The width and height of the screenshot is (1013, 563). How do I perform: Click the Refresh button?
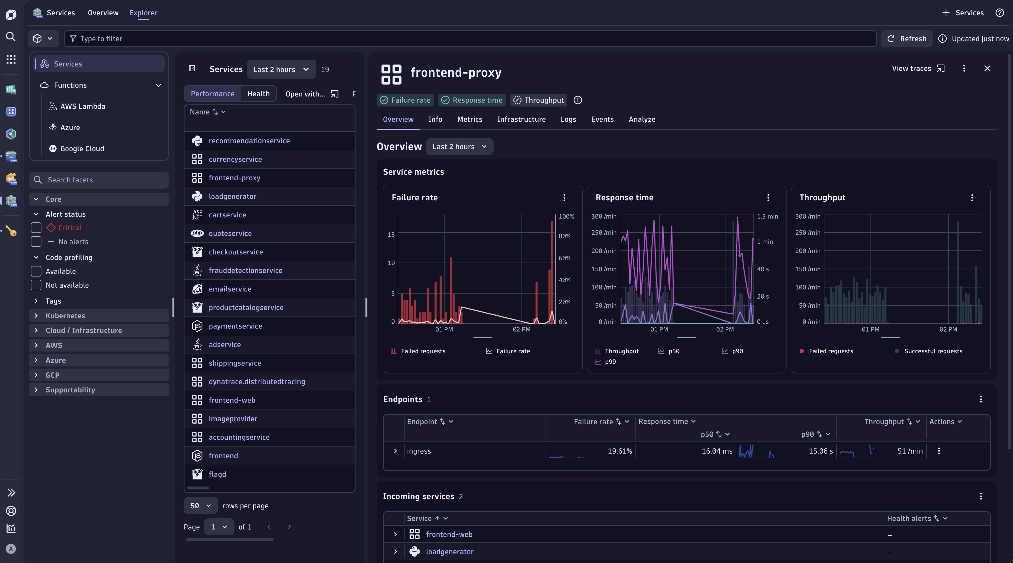point(907,39)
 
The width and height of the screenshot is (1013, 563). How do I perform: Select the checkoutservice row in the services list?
point(236,252)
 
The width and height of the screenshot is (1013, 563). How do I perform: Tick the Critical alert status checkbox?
point(36,228)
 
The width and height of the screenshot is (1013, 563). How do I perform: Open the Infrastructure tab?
point(521,119)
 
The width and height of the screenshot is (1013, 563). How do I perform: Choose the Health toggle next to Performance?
point(258,94)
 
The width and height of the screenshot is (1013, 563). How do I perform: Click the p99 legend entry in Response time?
point(610,362)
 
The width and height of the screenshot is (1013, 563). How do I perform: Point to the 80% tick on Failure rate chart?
point(564,236)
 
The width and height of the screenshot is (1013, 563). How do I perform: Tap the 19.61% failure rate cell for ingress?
point(620,451)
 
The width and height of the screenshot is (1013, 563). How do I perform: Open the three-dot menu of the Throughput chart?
point(972,198)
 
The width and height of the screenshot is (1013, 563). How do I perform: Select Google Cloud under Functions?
point(82,149)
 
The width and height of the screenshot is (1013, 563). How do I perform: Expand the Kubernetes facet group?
point(65,316)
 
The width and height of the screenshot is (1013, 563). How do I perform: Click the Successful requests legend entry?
point(933,351)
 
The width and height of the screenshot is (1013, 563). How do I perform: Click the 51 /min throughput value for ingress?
point(910,451)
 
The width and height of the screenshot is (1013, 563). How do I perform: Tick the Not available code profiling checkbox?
point(36,285)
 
